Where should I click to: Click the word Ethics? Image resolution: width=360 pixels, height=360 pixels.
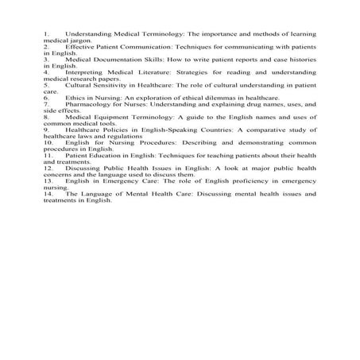point(76,96)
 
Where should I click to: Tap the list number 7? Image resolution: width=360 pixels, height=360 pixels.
point(47,103)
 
